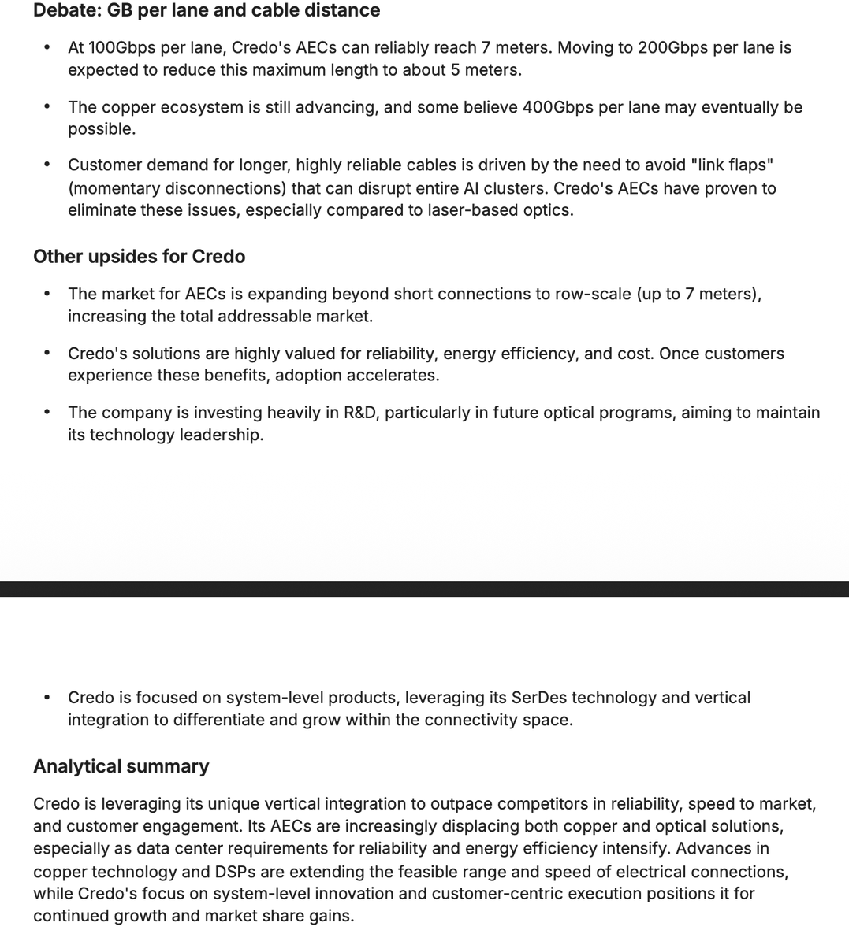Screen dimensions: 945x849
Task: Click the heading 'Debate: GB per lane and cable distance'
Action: pos(207,10)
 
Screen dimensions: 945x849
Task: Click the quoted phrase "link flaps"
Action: pos(731,165)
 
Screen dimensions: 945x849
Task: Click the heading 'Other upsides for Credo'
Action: pos(139,257)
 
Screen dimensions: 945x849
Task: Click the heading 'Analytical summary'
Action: pos(121,766)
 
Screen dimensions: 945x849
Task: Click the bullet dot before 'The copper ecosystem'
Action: pos(48,106)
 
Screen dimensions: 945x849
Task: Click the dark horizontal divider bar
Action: pos(424,589)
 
